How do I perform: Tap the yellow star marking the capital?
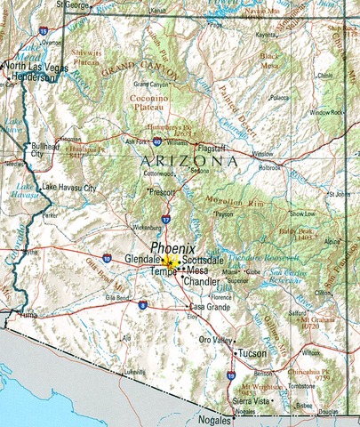pyautogui.click(x=171, y=263)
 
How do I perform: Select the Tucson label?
pyautogui.click(x=251, y=353)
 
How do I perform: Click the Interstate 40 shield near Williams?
pyautogui.click(x=157, y=141)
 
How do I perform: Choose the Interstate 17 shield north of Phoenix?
pyautogui.click(x=165, y=218)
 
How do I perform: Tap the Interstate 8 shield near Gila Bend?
pyautogui.click(x=142, y=305)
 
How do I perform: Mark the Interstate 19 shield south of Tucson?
pyautogui.click(x=231, y=376)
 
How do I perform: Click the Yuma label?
pyautogui.click(x=29, y=314)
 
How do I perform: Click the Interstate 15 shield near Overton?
pyautogui.click(x=44, y=30)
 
